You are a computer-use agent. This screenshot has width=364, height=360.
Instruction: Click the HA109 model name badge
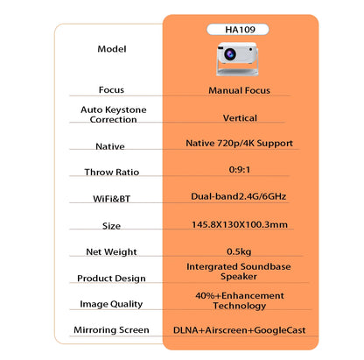tap(238, 29)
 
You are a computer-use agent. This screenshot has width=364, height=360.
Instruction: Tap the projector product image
tap(237, 55)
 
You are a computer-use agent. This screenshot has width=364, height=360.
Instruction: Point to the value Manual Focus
tap(238, 89)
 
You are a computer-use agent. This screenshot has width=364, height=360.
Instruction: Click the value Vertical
tap(238, 115)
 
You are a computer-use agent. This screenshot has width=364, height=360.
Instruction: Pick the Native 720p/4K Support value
tap(238, 142)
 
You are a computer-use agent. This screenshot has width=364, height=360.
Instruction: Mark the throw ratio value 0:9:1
tap(238, 171)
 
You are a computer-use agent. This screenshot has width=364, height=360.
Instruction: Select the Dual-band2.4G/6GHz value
tap(238, 198)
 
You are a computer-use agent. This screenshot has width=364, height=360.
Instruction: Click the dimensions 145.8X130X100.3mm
tap(238, 225)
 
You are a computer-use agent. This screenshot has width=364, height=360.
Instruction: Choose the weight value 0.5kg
tap(238, 251)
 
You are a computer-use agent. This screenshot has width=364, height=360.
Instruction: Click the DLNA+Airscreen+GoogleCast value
tap(238, 330)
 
